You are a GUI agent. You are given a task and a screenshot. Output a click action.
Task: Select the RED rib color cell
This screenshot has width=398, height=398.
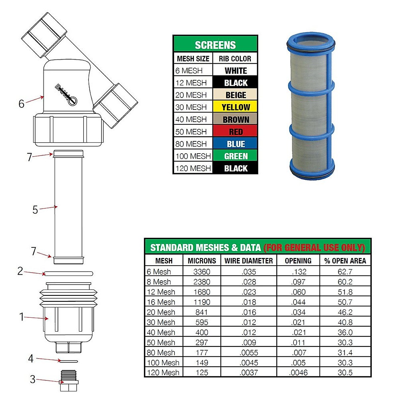(x=235, y=131)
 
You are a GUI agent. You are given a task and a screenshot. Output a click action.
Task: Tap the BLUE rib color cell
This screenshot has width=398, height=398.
(x=235, y=144)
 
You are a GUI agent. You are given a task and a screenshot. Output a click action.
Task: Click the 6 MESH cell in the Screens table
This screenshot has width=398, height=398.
(x=193, y=70)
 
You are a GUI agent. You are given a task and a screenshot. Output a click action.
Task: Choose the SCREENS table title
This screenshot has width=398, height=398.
(x=215, y=45)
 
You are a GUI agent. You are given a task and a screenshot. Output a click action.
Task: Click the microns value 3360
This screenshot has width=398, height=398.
(x=202, y=272)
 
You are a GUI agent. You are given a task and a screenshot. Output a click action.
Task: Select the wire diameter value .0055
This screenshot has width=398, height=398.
(x=249, y=353)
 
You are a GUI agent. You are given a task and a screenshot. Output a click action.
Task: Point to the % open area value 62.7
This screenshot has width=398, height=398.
(x=345, y=272)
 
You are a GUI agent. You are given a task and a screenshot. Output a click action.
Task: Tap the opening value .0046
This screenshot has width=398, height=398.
(x=298, y=373)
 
